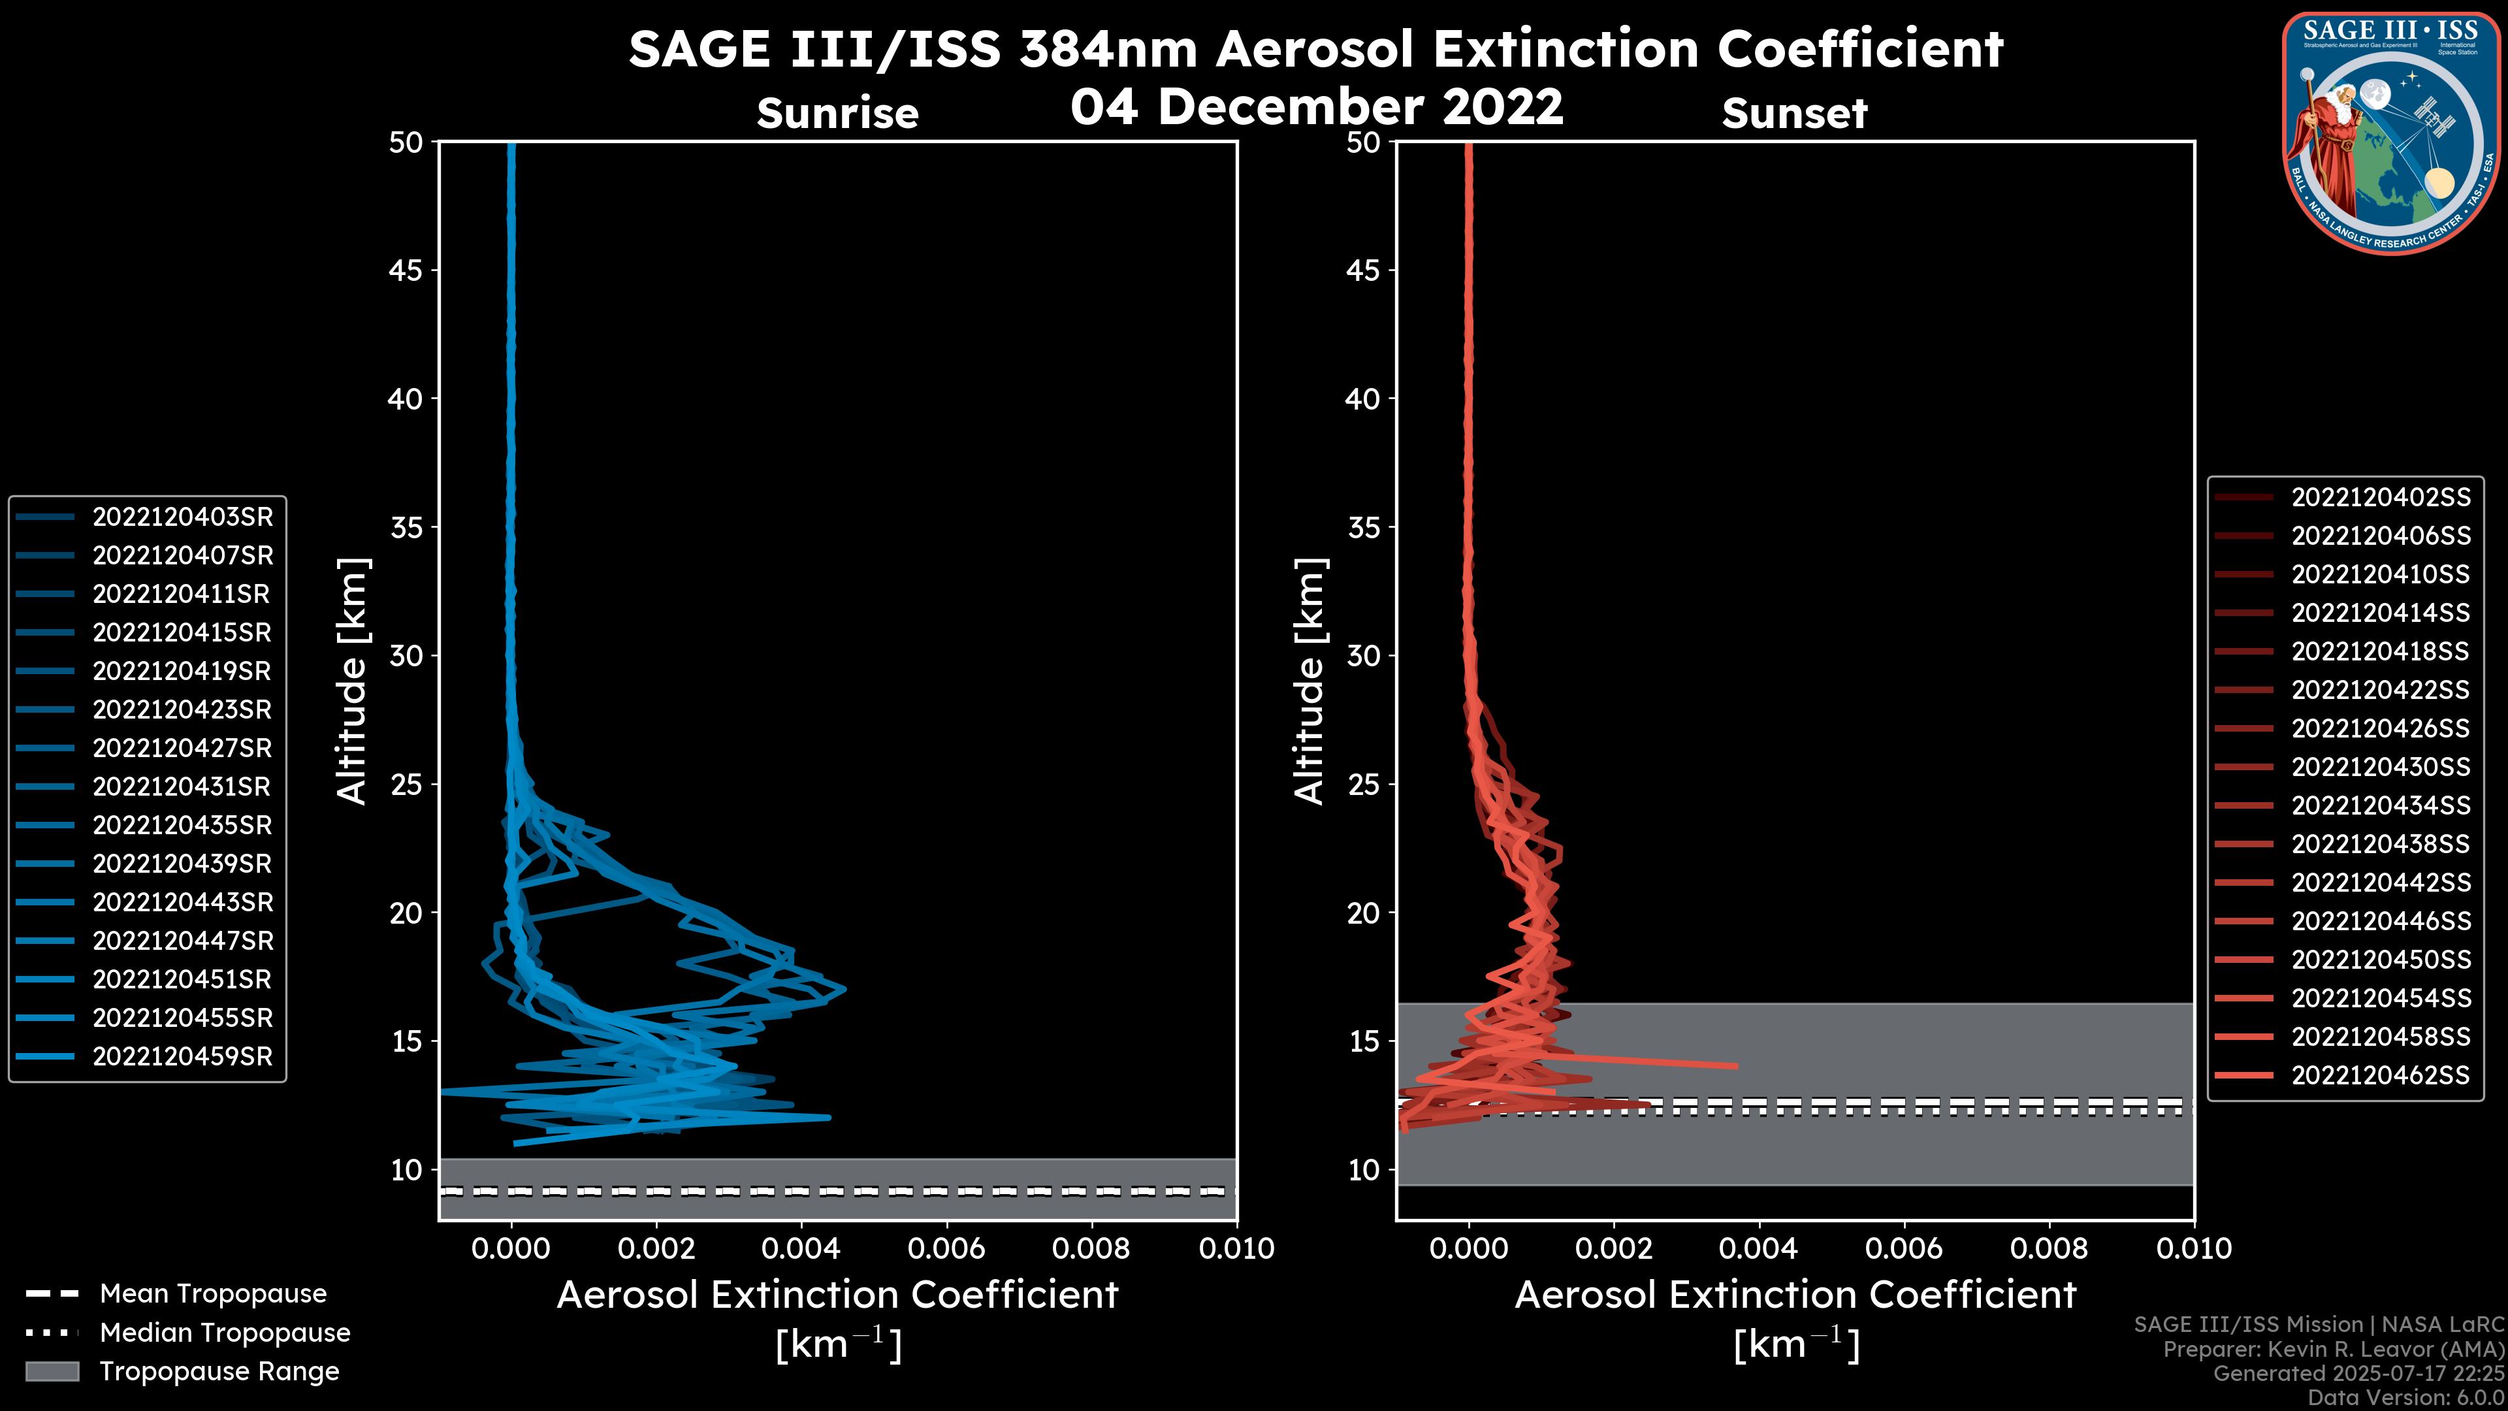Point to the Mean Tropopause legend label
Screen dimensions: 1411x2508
point(213,1294)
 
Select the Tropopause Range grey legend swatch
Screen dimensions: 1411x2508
point(52,1371)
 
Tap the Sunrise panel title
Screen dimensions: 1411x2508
point(837,114)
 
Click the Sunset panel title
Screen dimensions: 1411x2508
point(1794,114)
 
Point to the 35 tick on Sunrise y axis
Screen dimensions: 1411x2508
point(406,528)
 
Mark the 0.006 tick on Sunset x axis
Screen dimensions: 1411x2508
point(1905,1248)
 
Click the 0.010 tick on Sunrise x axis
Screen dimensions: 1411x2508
point(1236,1248)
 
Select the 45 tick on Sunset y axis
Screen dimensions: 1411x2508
point(1363,270)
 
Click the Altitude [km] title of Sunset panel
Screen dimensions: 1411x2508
point(1310,681)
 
